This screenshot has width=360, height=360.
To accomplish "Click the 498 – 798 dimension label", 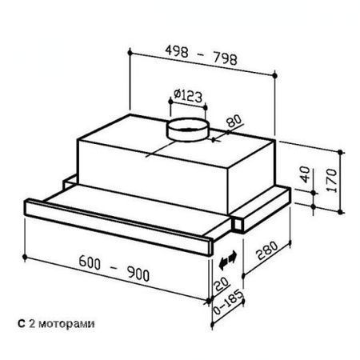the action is (x=202, y=55).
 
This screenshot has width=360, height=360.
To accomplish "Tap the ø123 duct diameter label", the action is (x=188, y=95).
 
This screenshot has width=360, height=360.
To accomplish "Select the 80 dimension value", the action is (x=234, y=121).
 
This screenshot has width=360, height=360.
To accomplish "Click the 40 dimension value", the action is (x=305, y=174).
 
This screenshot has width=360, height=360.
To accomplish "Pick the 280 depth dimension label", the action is (x=266, y=250).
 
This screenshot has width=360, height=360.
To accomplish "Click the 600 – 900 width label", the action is (x=114, y=268).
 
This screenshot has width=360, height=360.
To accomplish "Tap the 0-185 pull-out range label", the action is (x=229, y=302).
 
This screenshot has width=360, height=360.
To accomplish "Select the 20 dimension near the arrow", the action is (x=222, y=284).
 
